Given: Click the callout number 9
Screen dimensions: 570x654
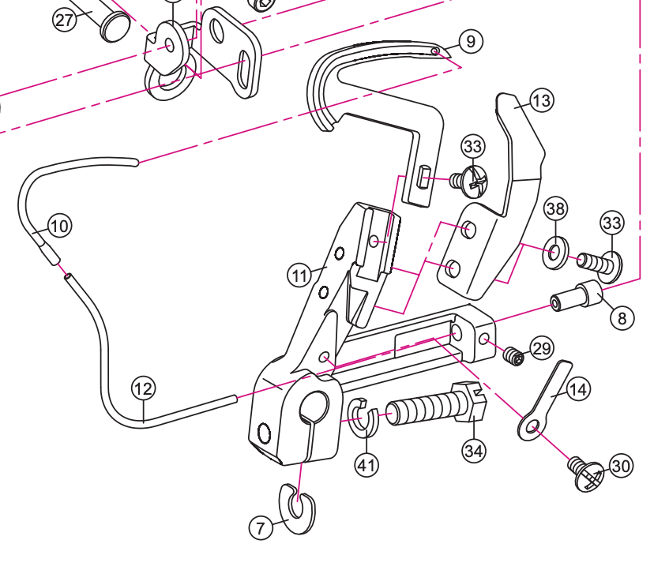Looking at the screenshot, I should point(471,41).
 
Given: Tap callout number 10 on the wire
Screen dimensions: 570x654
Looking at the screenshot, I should point(59,226).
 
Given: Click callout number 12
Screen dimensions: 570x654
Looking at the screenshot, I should point(143,388).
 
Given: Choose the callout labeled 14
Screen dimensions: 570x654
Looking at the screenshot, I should point(578,389).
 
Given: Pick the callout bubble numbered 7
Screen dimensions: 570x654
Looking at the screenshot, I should point(262,527).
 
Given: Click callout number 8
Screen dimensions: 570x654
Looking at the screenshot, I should point(622,319).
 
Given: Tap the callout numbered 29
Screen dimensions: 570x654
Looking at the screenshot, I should point(542,347).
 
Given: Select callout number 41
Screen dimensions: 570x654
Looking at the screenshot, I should point(366,465).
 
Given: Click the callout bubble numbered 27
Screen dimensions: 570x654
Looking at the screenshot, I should point(65,19).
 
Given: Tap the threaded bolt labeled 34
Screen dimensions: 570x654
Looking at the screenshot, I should point(430,407).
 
